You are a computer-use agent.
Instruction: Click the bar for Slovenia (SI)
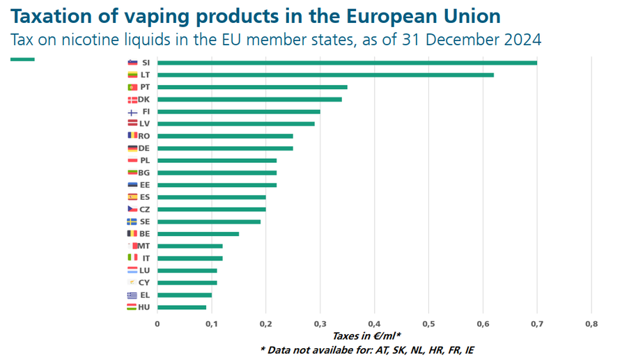tap(347, 63)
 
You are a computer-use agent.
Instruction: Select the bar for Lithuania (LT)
tap(325, 75)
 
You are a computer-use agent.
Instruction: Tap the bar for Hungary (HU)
tap(182, 307)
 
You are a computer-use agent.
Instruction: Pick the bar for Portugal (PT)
tap(252, 87)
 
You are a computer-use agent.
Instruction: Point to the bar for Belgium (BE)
tap(198, 234)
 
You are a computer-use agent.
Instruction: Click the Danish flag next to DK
tap(132, 100)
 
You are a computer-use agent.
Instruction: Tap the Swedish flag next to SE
tap(132, 221)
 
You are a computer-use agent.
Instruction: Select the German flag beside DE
tap(132, 148)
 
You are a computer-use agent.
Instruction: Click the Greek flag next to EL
tap(132, 295)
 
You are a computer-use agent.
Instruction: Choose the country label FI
tap(146, 111)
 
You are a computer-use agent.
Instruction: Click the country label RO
tap(144, 136)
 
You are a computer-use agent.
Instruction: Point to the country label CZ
tap(145, 209)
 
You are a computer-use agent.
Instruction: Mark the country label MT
tap(144, 246)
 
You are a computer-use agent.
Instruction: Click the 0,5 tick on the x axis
tap(428, 323)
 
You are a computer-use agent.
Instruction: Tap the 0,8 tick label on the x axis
tap(591, 323)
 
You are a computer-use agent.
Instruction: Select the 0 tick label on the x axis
tap(157, 323)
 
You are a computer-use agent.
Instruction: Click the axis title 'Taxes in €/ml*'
tap(366, 336)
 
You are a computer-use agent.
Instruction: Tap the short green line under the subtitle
tap(22, 59)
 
